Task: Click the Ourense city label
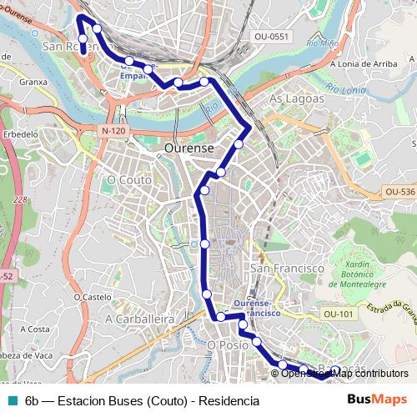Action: [x=189, y=147]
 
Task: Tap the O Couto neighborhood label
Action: [x=129, y=179]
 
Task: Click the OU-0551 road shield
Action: [x=271, y=36]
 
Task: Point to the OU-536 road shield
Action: [x=399, y=192]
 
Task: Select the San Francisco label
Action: [x=287, y=269]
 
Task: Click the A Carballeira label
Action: [x=139, y=319]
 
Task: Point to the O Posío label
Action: [x=228, y=344]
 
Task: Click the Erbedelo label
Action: [x=21, y=133]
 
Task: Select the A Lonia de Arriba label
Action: [x=363, y=63]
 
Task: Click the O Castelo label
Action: [x=92, y=296]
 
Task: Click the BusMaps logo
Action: [x=377, y=399]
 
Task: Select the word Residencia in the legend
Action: [x=227, y=400]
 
